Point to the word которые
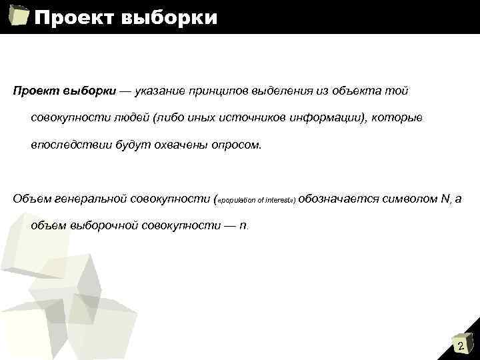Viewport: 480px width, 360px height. (x=397, y=117)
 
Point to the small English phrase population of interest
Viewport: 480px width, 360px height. (x=257, y=199)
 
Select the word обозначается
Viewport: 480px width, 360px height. (x=339, y=198)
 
